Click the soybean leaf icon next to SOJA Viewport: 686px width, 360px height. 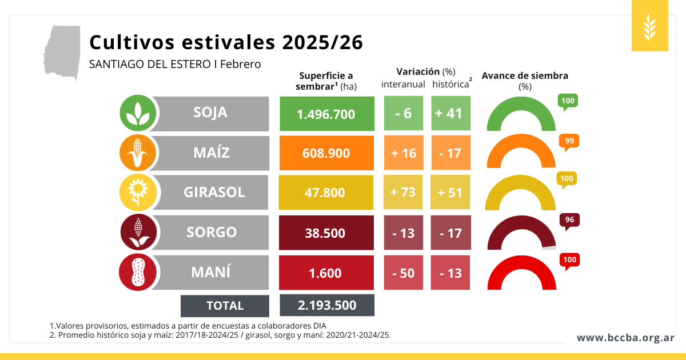tap(138, 113)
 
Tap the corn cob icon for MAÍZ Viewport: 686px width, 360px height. tap(138, 153)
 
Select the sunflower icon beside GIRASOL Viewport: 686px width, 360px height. tap(138, 193)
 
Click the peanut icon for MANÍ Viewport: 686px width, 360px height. tap(138, 272)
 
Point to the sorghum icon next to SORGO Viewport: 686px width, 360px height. tap(138, 233)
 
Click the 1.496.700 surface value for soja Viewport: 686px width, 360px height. tap(326, 114)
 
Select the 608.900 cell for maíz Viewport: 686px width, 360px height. tap(326, 153)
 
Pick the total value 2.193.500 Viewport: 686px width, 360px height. tap(326, 305)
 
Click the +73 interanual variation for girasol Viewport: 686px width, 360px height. tap(403, 192)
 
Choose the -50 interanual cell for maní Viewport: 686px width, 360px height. tap(403, 273)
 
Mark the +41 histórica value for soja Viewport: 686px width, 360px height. tap(450, 113)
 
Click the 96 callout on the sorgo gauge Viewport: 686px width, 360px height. tap(569, 220)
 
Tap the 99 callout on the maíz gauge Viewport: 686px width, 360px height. tap(569, 141)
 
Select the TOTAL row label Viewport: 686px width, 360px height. tap(225, 306)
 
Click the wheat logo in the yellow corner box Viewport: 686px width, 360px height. tap(650, 26)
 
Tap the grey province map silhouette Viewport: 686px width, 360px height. tap(62, 51)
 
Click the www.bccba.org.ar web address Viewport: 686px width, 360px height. tap(625, 338)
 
